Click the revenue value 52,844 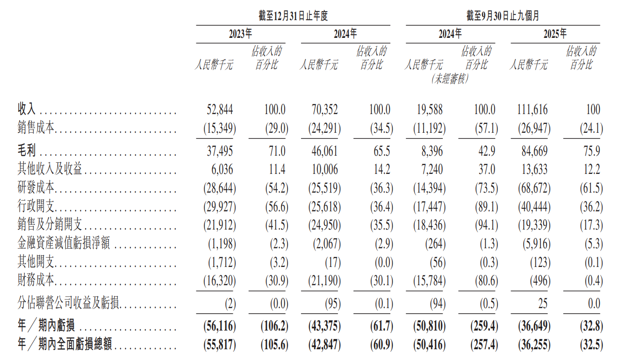pos(220,110)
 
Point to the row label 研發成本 pos(36,188)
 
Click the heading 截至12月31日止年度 pos(293,16)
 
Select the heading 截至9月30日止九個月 pos(503,16)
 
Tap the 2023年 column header pos(240,34)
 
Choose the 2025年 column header pos(555,34)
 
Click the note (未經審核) pos(450,79)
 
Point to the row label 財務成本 pos(36,281)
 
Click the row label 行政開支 pos(36,206)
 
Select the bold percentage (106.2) pos(274,326)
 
